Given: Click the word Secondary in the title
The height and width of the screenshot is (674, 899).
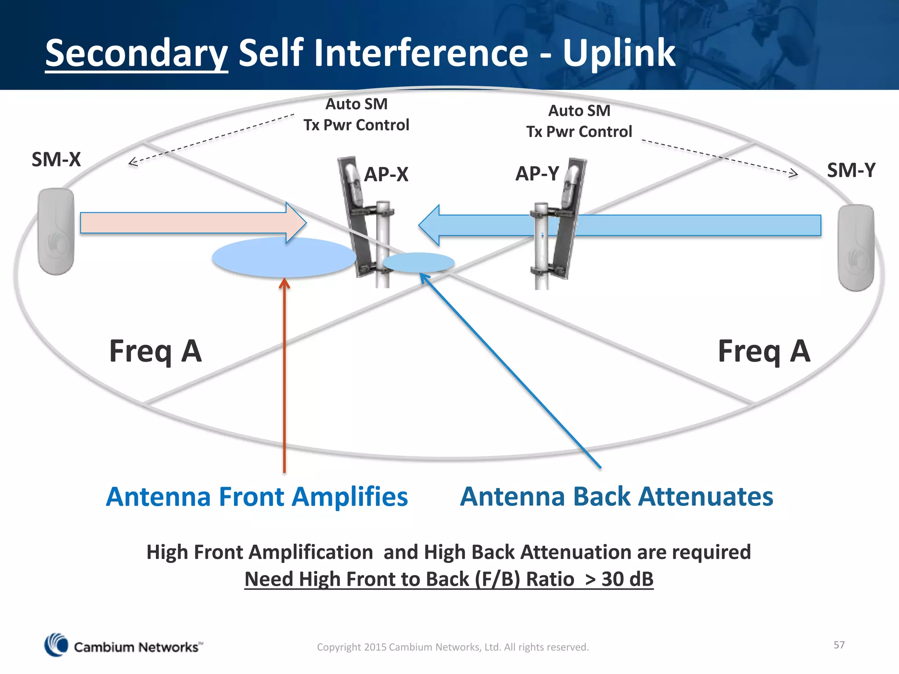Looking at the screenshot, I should coord(136,54).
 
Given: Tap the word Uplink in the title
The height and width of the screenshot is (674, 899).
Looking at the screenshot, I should coord(619,54).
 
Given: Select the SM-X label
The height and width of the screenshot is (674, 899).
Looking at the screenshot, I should coord(56,160).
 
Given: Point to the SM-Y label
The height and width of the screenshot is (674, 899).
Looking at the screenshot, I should coord(851,170).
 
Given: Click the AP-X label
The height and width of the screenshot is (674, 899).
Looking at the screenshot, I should coord(386,175).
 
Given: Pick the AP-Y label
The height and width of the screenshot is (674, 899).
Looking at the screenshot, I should coord(537,174).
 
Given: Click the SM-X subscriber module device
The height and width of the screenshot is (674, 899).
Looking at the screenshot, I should coord(56,231).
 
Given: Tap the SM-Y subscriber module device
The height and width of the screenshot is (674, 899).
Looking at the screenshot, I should coord(856,248).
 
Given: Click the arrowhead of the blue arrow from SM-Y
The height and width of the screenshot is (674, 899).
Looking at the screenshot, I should coord(430,226).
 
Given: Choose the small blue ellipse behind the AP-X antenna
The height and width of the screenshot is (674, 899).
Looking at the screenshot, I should coord(418,262).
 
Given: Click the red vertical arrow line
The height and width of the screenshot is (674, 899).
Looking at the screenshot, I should coord(284,377).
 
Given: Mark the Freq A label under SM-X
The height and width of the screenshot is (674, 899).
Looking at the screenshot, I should coord(155,352).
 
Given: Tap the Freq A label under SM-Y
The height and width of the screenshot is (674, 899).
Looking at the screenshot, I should coord(764,352).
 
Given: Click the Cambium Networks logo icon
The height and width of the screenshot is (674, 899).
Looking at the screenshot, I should coord(56,645).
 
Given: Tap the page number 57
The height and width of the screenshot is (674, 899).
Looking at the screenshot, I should coord(839,645).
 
